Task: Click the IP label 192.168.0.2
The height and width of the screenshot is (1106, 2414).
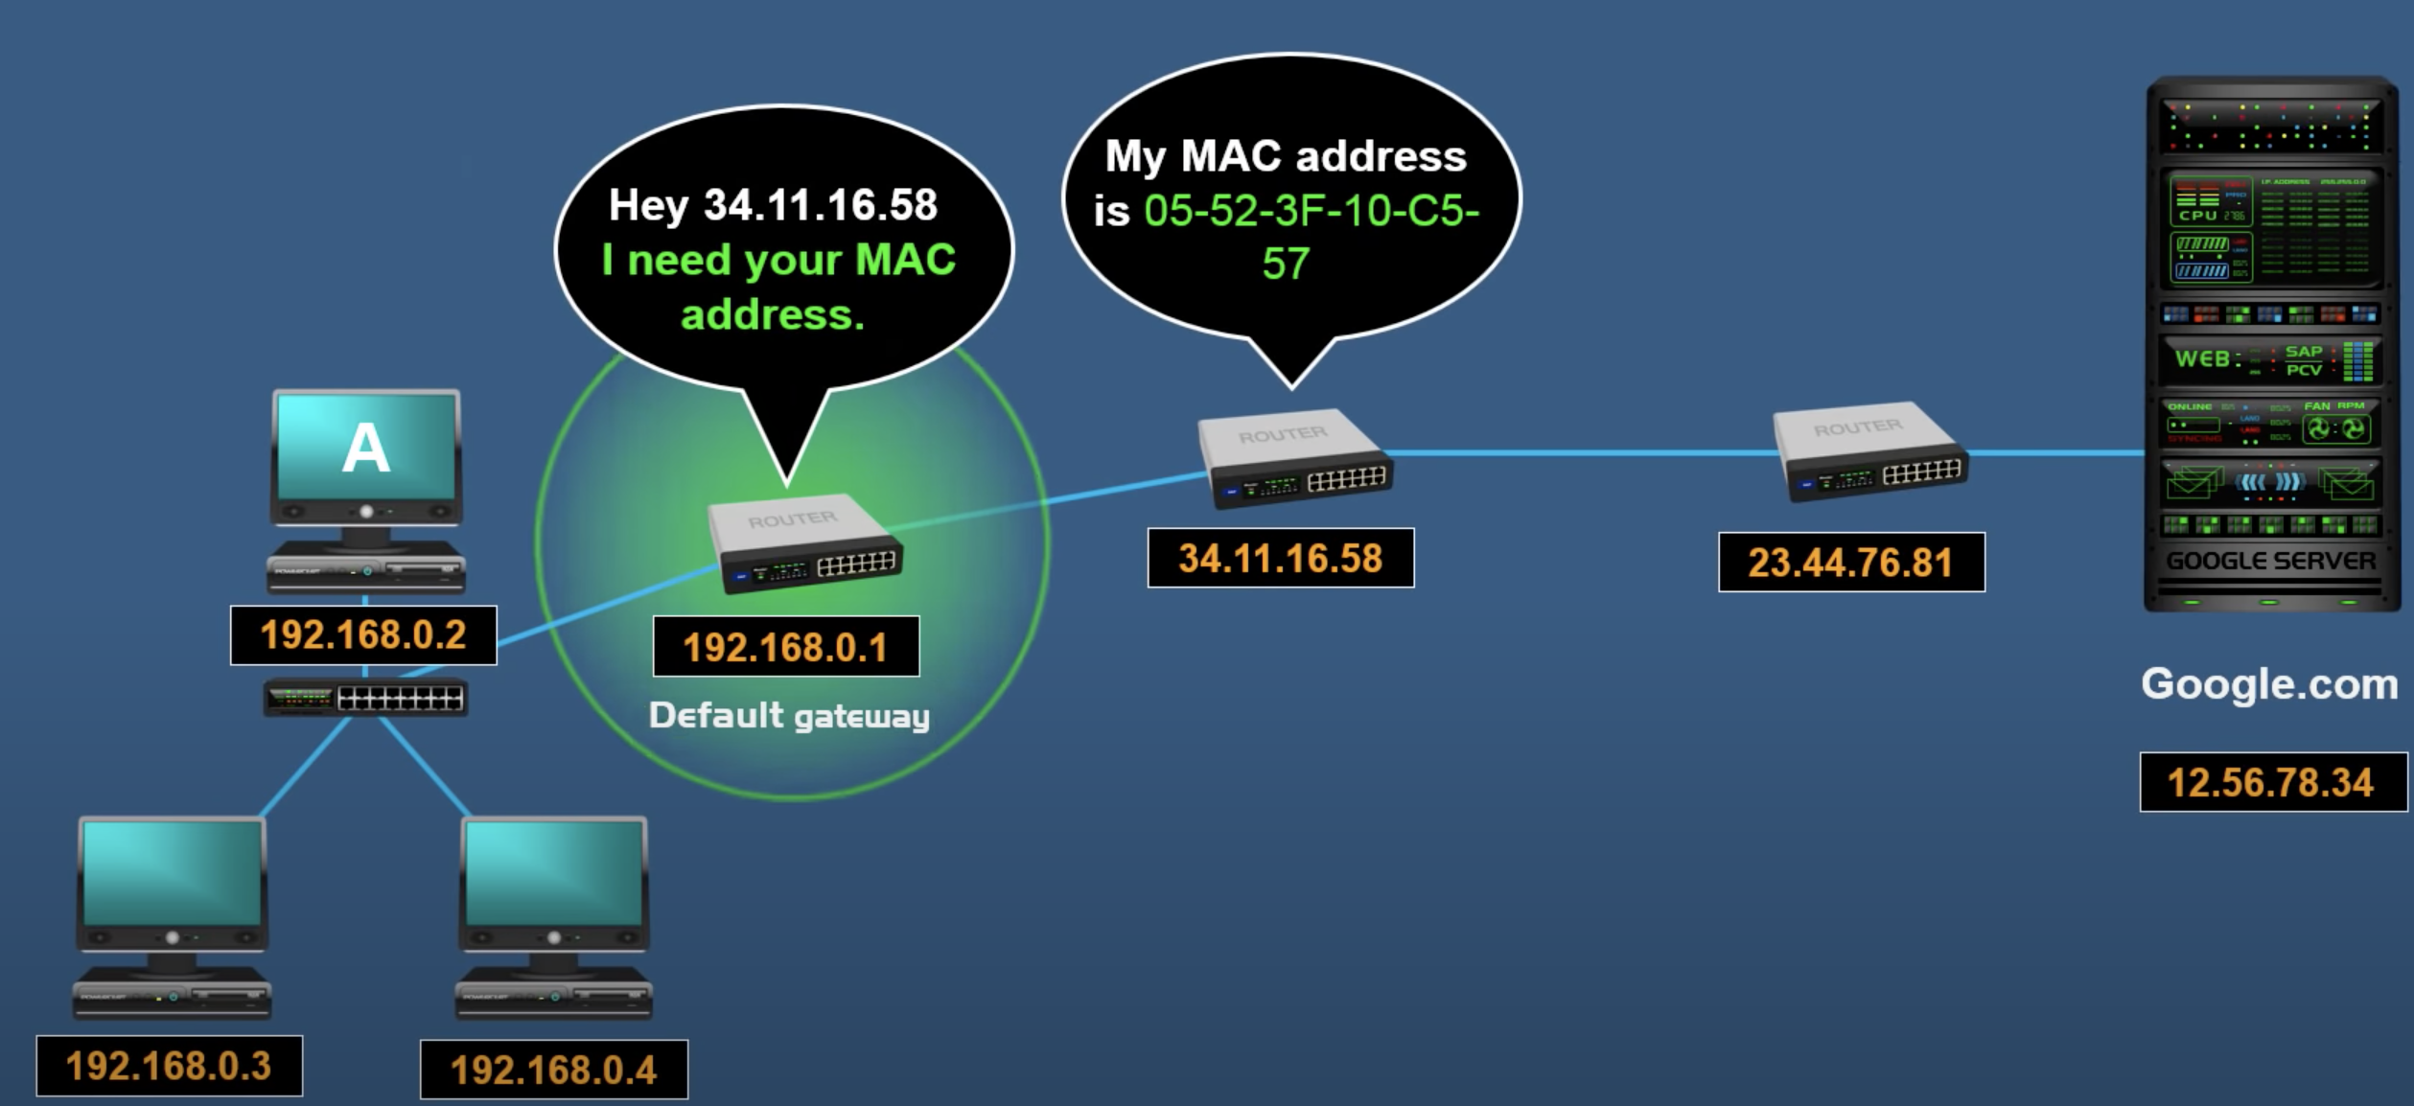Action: point(363,635)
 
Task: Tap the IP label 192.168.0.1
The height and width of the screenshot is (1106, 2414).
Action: point(785,648)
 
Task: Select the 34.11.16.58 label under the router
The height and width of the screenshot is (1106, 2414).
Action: point(1280,559)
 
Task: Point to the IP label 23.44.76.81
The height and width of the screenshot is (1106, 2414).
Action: point(1850,563)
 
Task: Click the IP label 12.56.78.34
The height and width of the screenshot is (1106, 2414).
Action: point(2271,782)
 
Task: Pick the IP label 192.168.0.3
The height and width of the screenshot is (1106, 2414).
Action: point(169,1066)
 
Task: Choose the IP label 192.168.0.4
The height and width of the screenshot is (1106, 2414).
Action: point(553,1070)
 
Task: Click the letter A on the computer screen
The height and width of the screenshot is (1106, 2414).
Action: point(365,448)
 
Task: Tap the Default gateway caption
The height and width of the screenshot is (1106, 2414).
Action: point(789,716)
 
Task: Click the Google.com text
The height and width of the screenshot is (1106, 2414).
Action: point(2269,684)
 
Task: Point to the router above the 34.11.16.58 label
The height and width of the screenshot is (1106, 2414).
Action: point(1294,459)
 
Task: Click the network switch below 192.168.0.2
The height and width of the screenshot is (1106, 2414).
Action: point(365,699)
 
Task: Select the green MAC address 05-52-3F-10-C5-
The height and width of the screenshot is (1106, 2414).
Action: point(1311,211)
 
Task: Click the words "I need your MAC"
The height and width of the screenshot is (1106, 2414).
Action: point(778,260)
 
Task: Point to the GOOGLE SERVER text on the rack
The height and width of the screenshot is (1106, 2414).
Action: point(2270,561)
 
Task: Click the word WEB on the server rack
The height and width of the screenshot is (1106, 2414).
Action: point(2202,359)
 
